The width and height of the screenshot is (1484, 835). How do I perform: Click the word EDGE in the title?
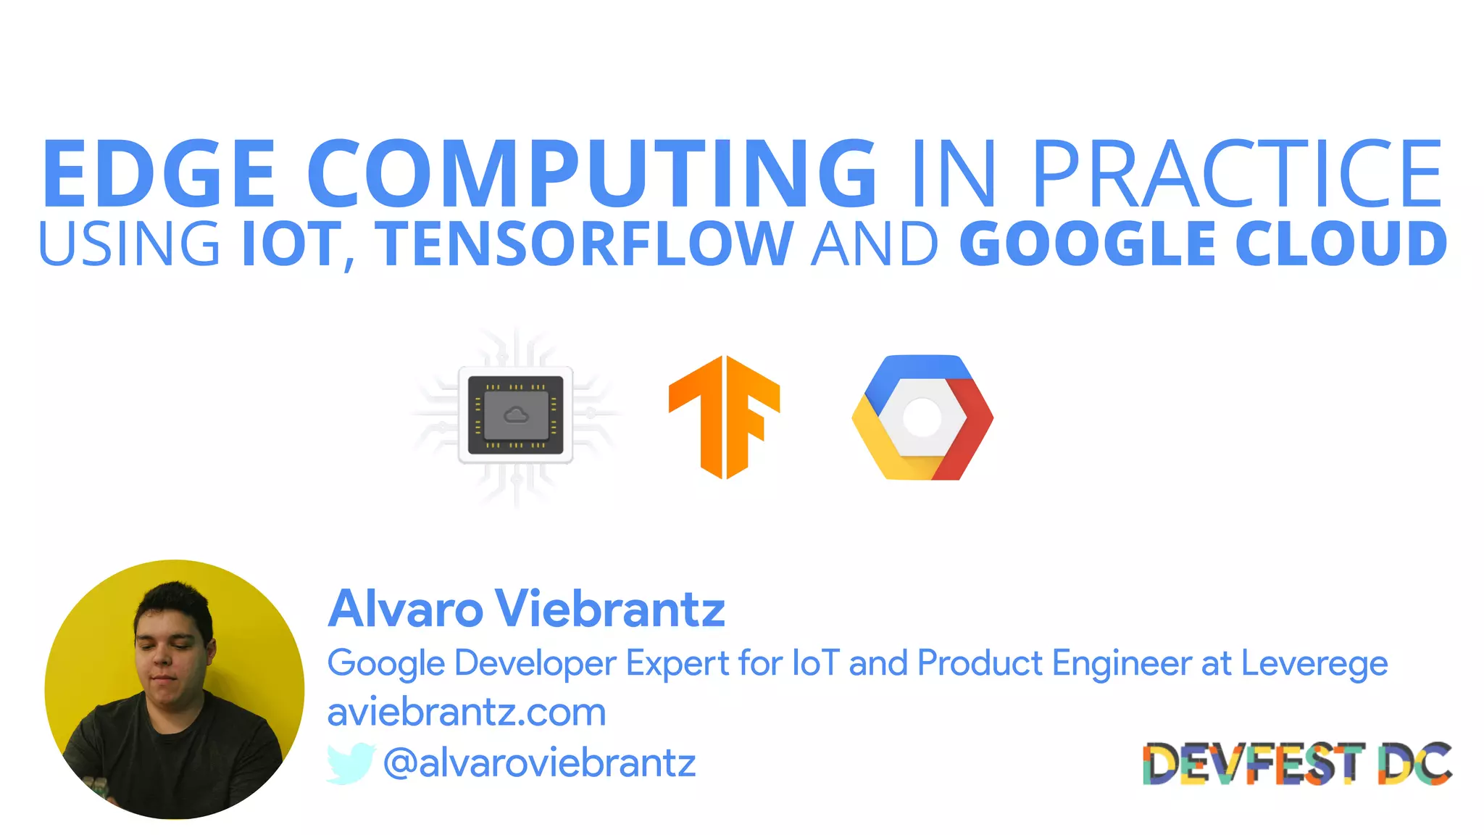[159, 174]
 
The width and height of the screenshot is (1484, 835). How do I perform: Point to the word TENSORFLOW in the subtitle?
[588, 244]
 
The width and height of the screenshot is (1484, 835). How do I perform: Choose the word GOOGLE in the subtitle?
[1086, 244]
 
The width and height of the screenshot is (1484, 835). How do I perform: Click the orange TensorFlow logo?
[724, 417]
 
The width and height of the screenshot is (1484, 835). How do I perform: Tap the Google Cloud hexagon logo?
[922, 417]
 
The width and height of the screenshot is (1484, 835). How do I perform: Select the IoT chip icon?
[515, 415]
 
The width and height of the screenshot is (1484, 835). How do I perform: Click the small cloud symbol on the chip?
[516, 415]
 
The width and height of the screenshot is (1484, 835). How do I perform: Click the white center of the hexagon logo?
[922, 418]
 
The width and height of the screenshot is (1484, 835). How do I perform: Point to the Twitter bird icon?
[350, 763]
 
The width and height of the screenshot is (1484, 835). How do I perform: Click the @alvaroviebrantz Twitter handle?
[539, 763]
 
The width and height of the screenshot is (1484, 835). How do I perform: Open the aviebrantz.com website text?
[467, 713]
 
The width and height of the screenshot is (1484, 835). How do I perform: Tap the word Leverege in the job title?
[1314, 663]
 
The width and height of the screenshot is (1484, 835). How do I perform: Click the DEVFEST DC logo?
[1297, 763]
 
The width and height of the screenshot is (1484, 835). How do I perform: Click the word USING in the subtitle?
[129, 244]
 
